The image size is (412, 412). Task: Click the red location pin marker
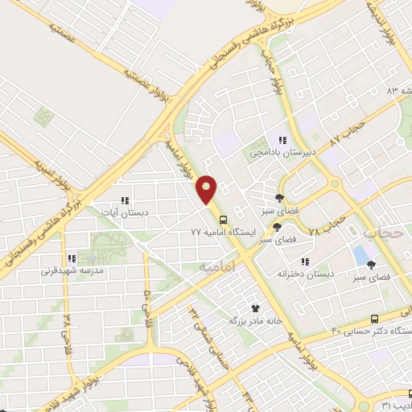tap(208, 190)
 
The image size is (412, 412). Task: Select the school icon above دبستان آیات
tap(125, 200)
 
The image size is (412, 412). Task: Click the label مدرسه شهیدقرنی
tap(72, 271)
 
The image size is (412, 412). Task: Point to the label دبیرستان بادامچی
tap(280, 151)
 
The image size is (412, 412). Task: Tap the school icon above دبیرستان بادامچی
tap(282, 141)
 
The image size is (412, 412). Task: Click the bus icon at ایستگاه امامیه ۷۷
tap(222, 220)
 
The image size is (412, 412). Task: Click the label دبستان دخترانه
tap(306, 274)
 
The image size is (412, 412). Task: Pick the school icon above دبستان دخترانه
tap(305, 262)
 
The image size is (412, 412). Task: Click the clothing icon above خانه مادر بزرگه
tap(256, 307)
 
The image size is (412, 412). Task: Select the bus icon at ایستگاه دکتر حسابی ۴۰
tap(375, 319)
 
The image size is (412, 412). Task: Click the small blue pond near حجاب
tap(359, 256)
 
